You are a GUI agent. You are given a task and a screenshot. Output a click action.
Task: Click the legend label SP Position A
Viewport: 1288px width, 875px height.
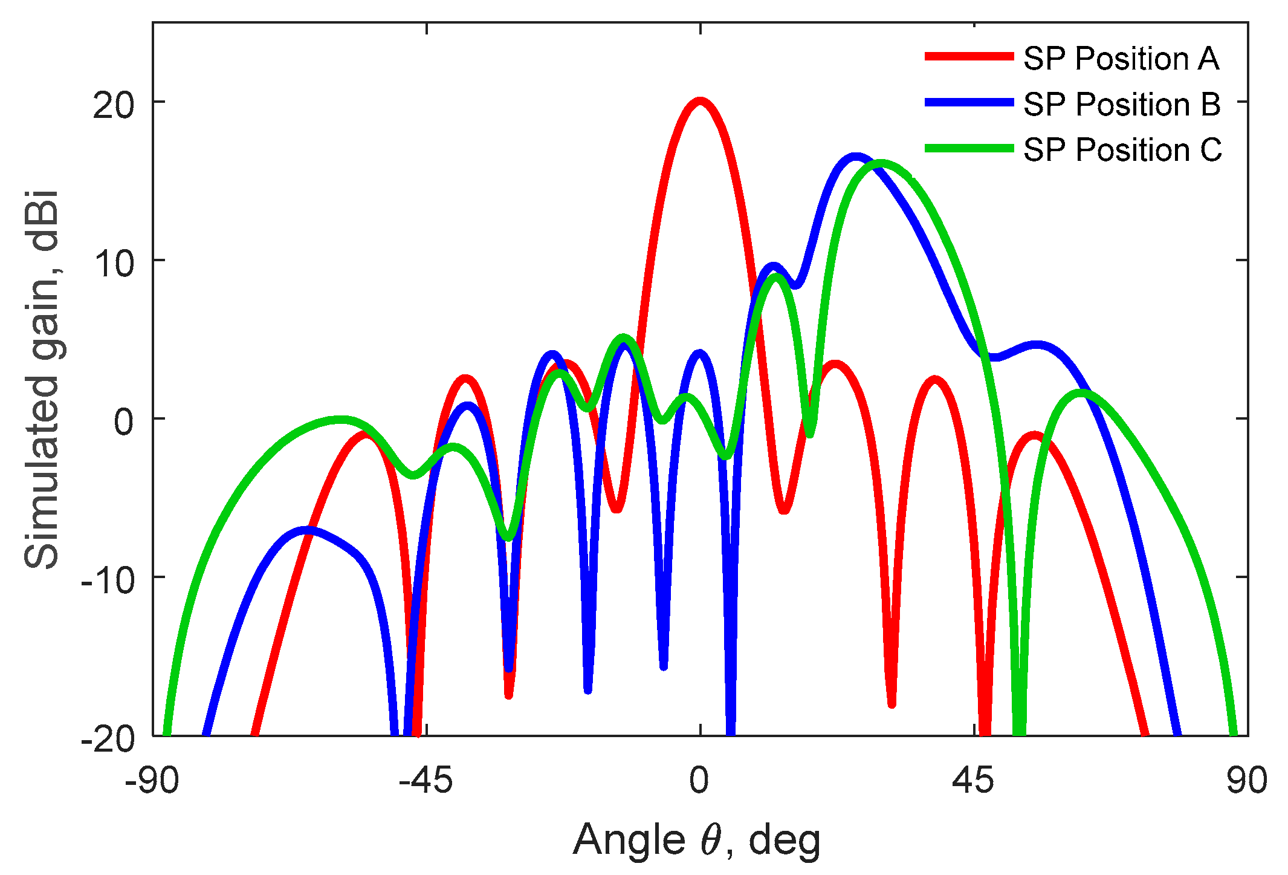pyautogui.click(x=1121, y=59)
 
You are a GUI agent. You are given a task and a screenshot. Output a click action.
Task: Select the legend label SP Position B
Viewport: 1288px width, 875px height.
pyautogui.click(x=1122, y=104)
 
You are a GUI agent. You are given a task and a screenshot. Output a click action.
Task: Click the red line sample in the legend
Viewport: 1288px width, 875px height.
pyautogui.click(x=969, y=57)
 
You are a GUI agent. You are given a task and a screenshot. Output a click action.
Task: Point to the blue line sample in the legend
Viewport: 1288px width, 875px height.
pyautogui.click(x=969, y=103)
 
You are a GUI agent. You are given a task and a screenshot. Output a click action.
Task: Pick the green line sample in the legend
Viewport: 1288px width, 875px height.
pyautogui.click(x=969, y=148)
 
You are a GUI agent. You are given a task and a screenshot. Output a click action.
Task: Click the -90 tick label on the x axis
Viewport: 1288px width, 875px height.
pyautogui.click(x=152, y=780)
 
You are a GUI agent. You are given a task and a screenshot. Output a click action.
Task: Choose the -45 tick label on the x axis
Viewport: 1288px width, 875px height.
pyautogui.click(x=426, y=780)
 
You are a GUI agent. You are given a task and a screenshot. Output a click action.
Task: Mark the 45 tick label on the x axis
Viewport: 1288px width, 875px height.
pyautogui.click(x=973, y=780)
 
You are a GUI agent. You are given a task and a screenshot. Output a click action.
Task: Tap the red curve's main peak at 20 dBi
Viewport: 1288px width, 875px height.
pyautogui.click(x=700, y=101)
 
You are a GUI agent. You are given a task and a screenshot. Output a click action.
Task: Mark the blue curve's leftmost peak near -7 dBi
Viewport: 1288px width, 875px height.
pyautogui.click(x=307, y=530)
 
